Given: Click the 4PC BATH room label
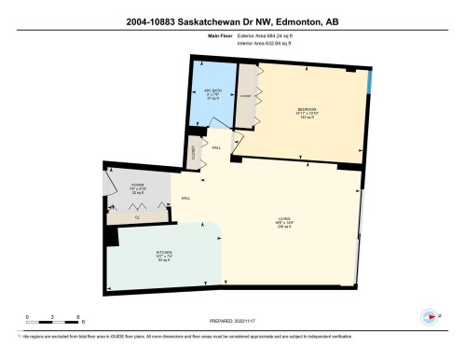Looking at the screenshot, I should pos(211,94).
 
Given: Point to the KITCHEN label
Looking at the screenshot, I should pos(137,253).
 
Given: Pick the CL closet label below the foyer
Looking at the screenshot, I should pos(137,216).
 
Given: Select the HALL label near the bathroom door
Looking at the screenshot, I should pos(215,147).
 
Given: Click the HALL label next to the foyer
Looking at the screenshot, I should pos(185,198).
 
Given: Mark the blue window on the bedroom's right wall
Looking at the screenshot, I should pos(370,83).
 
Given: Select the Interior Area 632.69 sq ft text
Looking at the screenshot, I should pos(266,43).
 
